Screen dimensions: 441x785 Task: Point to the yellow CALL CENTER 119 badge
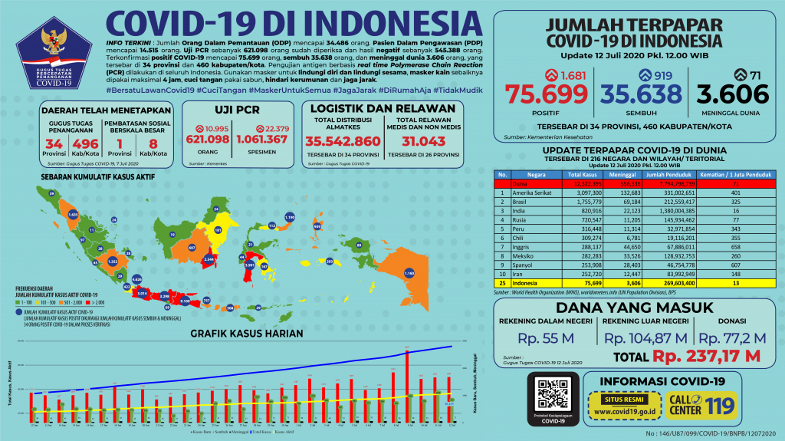click(x=712, y=403)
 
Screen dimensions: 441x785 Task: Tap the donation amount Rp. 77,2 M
click(x=733, y=337)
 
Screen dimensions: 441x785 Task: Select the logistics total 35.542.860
click(x=343, y=141)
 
